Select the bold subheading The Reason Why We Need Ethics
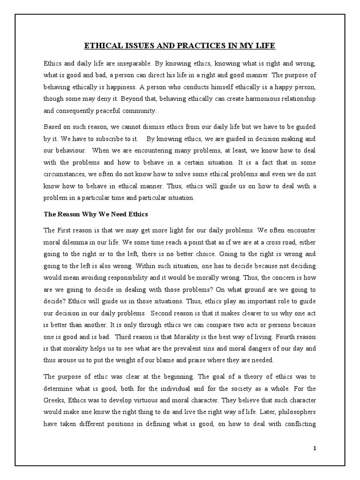pyautogui.click(x=96, y=214)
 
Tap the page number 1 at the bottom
pyautogui.click(x=315, y=448)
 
